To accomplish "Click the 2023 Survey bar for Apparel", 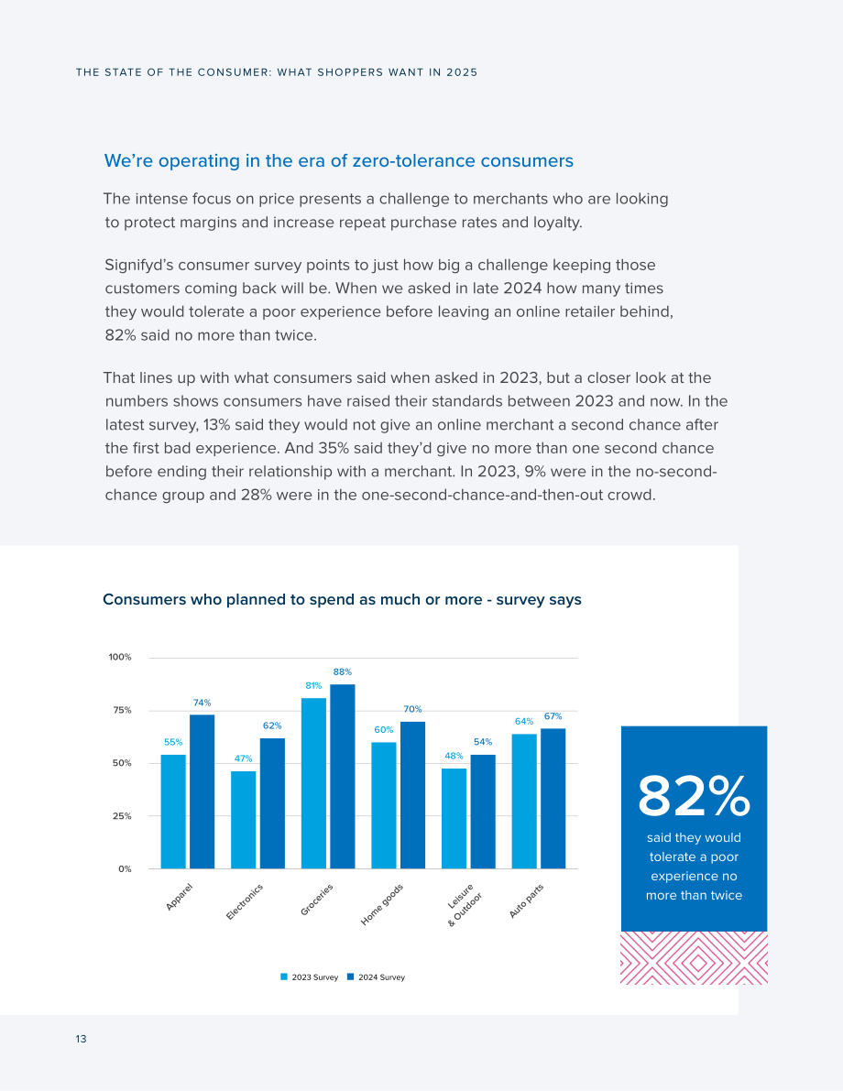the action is coord(173,812).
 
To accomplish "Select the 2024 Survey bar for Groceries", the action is coord(343,777).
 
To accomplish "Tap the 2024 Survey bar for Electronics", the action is coord(272,803).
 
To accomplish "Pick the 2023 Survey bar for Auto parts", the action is coord(524,802).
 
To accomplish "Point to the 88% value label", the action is coord(343,672).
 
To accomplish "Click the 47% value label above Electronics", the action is coord(244,758).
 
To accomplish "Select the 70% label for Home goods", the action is coord(413,709).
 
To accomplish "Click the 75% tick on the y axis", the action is coord(123,711).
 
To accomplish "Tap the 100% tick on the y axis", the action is coord(120,657).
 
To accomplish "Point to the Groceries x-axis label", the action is coord(317,900).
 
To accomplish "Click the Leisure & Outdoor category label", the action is coord(462,904).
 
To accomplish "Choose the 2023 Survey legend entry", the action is coord(309,976).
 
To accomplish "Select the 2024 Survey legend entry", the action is coord(376,976).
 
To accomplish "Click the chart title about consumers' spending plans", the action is coord(342,600).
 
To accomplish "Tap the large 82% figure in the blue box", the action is coord(694,797).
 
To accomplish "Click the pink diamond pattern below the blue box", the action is coord(694,958).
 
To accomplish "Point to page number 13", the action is coord(81,1039).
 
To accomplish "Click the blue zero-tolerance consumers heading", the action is coord(339,160).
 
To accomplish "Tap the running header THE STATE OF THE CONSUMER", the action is coord(277,72).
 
